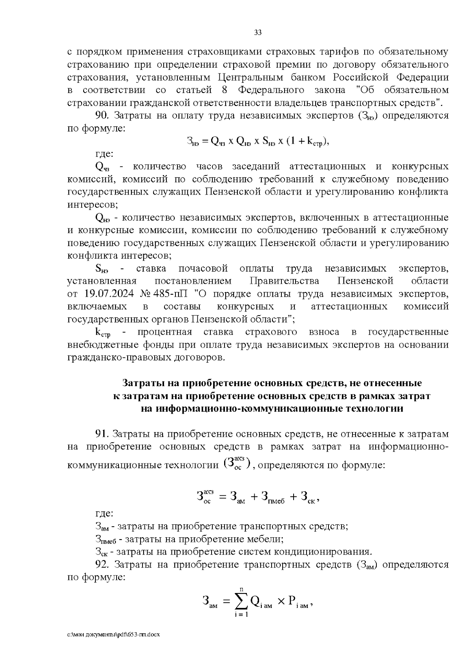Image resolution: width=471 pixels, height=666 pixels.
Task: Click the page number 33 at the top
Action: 258,33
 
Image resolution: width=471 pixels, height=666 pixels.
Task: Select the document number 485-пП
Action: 168,294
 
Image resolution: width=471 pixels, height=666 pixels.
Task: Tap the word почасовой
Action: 203,268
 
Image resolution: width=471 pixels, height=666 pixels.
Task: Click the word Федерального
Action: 271,90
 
